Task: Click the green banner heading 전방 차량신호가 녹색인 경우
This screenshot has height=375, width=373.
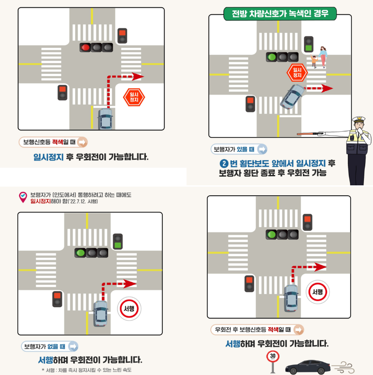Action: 280,14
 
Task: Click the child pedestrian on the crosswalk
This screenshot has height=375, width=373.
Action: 314,61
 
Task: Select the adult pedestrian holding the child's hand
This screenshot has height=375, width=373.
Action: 323,56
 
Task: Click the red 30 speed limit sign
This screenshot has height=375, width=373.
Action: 272,356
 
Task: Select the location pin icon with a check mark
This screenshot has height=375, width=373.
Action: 23,197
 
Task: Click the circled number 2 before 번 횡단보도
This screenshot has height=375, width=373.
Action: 224,164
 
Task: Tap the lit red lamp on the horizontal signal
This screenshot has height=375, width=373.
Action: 86,47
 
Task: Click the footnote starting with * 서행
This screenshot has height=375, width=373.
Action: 87,370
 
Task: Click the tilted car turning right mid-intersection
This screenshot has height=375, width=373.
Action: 292,96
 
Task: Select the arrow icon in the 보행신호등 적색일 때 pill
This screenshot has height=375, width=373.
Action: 82,142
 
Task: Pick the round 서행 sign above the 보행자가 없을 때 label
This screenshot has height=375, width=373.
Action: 129,308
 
